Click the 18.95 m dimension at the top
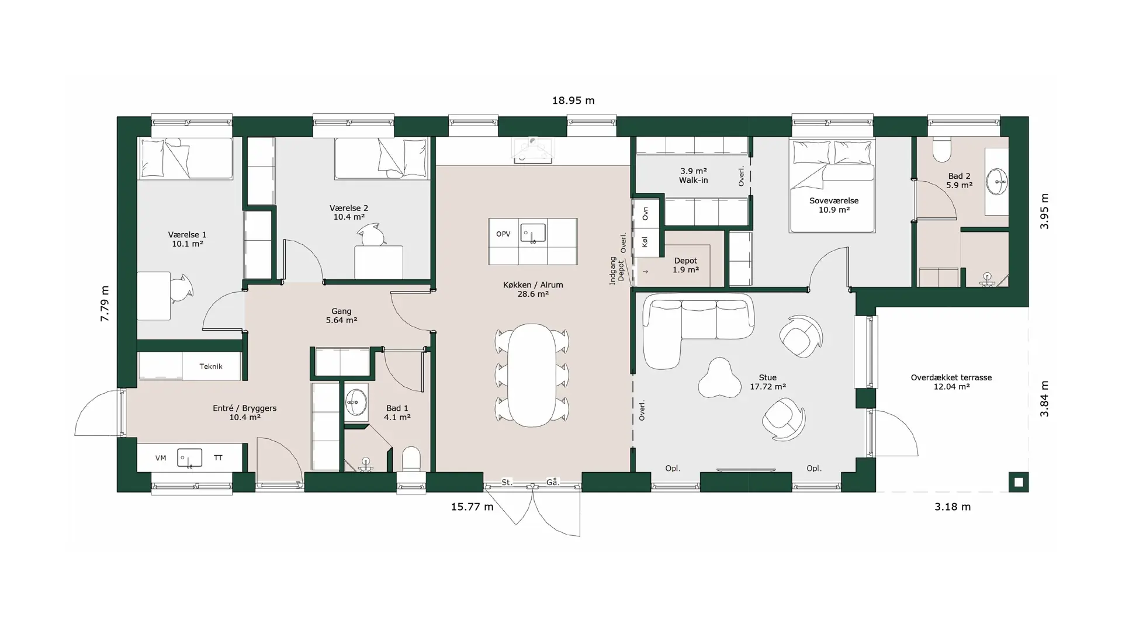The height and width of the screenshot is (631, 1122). pos(573,100)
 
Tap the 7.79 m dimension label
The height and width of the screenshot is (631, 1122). pos(105,303)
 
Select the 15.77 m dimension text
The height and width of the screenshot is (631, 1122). pos(472,507)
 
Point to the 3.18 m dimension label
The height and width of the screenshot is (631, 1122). pos(953,507)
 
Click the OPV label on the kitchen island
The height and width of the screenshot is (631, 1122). pos(503,234)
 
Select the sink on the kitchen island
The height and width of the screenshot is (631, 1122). pos(533,233)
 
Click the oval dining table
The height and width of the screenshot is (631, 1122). pos(532,375)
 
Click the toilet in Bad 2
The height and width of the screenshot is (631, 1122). pos(941,148)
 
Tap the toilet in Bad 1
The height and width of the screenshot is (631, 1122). pos(411,459)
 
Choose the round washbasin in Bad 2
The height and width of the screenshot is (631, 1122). pos(997,181)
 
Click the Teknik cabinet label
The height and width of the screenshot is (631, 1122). pos(211,366)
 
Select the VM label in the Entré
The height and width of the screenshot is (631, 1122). pos(161,458)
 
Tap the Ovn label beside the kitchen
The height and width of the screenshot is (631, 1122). pos(645,213)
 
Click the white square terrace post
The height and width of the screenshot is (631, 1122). pos(1019,482)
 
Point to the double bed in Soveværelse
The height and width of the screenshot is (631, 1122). pos(832,185)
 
